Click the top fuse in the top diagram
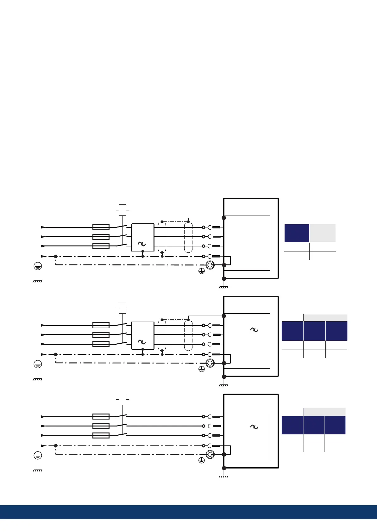click(101, 227)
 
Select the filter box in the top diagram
click(142, 238)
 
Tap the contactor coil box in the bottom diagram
click(122, 399)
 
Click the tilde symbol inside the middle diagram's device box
click(254, 330)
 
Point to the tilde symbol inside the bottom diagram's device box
click(254, 427)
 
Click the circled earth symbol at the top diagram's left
click(38, 266)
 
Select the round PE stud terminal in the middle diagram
click(210, 363)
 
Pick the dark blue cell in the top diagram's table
click(297, 233)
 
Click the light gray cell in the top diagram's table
click(322, 233)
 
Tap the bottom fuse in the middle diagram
click(101, 344)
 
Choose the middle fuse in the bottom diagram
click(101, 426)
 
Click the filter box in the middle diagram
click(142, 336)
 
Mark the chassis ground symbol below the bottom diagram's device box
click(223, 476)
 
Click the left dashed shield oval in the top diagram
click(162, 238)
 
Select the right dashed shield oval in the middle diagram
click(188, 336)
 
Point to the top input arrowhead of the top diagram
click(43, 227)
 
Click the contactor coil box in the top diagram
click(122, 210)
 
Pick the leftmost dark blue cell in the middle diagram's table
click(292, 331)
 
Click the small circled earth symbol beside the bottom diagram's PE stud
click(201, 461)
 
